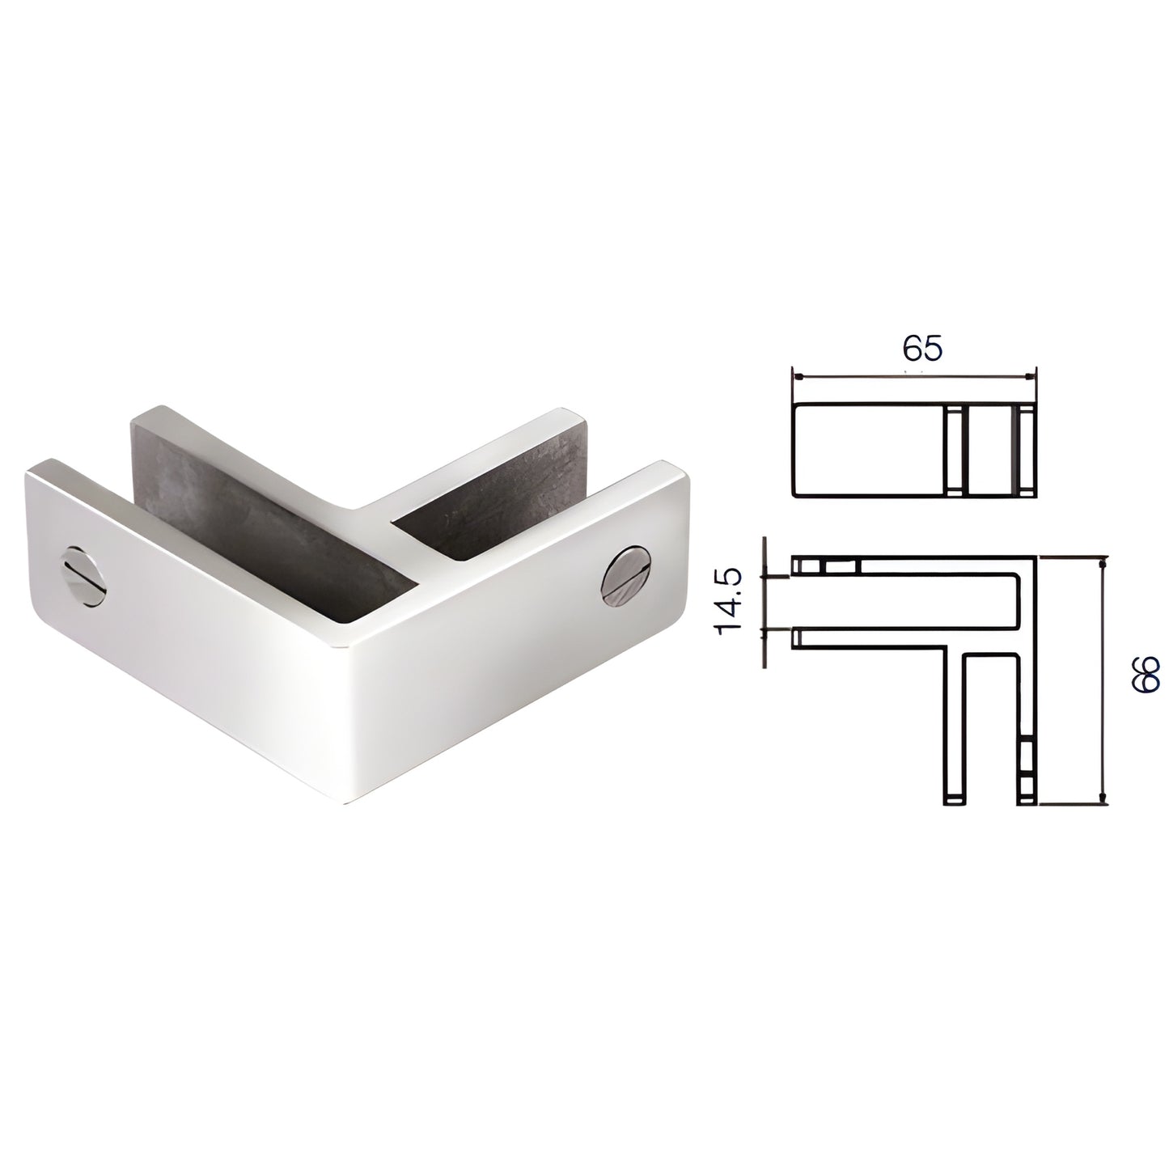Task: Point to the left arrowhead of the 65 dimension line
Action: pyautogui.click(x=799, y=376)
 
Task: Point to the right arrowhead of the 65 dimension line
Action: pyautogui.click(x=1028, y=376)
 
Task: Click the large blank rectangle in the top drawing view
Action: pyautogui.click(x=870, y=451)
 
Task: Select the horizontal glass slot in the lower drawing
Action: pyautogui.click(x=906, y=602)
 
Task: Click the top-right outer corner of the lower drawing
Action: pyautogui.click(x=1036, y=557)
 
